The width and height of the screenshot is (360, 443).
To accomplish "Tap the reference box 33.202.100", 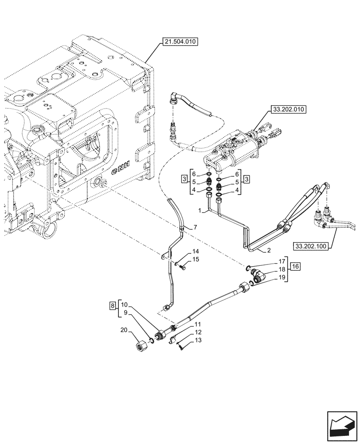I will coord(311,245).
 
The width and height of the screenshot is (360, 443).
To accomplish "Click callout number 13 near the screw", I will coord(198,340).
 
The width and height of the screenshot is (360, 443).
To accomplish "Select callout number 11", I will coord(198,325).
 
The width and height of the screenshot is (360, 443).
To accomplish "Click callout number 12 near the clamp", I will coord(198,333).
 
